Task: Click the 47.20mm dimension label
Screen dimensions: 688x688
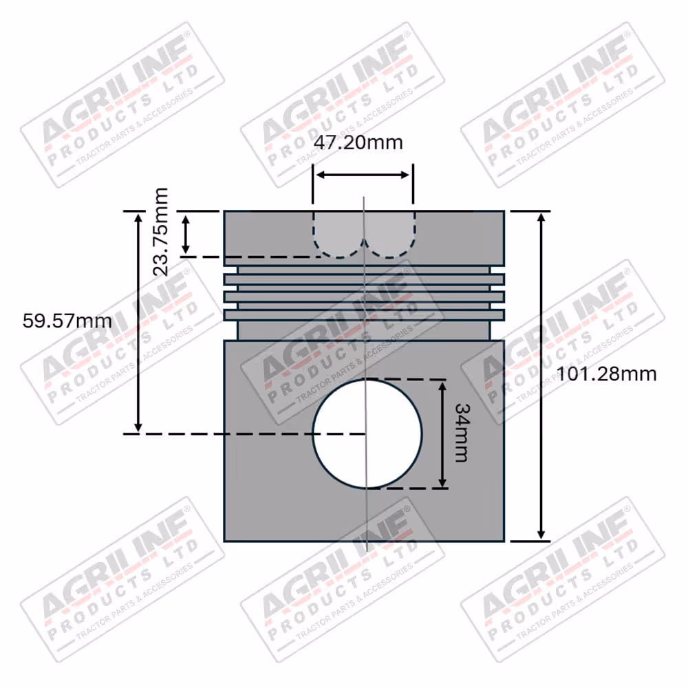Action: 358,142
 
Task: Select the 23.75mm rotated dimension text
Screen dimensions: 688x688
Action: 160,232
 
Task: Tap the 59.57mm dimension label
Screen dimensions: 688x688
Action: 67,321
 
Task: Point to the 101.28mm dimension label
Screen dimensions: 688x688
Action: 606,374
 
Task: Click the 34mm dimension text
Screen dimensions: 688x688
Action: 462,433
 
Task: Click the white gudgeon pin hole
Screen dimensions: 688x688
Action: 367,433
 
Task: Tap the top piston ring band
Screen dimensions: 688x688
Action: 364,279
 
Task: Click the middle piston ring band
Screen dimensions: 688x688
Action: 364,297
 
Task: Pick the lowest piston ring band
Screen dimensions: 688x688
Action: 364,314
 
